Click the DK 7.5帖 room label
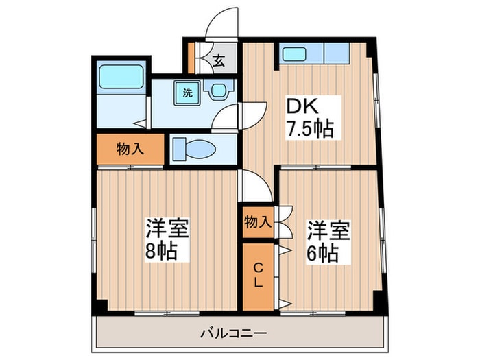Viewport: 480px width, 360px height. [x=309, y=118]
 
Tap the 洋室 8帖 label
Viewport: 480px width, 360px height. [x=167, y=239]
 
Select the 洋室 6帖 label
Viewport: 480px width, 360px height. [x=328, y=241]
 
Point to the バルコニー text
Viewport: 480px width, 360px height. [x=234, y=333]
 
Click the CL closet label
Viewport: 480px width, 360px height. [x=259, y=276]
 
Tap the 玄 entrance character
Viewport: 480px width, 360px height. [x=219, y=60]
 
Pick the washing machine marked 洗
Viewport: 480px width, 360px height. [x=187, y=93]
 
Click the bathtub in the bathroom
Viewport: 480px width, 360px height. [x=121, y=77]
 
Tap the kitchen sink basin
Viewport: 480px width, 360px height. [x=294, y=54]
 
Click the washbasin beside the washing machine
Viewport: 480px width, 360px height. [x=219, y=90]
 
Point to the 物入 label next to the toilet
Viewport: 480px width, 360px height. [x=130, y=149]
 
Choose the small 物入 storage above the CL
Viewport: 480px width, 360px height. [x=258, y=222]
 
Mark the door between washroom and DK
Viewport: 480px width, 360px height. [x=253, y=116]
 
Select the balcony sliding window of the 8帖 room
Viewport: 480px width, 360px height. [x=167, y=313]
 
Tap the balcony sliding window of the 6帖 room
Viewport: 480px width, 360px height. [x=313, y=313]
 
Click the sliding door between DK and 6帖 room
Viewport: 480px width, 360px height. [x=316, y=167]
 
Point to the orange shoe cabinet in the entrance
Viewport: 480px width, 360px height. [x=191, y=58]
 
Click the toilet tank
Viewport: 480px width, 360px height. [x=179, y=149]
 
